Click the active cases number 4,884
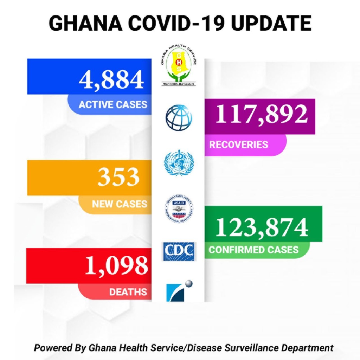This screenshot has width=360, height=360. [x=111, y=79]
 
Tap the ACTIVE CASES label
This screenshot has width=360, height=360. [x=113, y=105]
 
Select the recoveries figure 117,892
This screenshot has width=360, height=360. [x=262, y=114]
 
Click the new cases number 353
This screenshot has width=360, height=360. [x=118, y=177]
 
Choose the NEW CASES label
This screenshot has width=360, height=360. [x=120, y=204]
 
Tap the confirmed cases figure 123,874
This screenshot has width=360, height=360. [x=262, y=227]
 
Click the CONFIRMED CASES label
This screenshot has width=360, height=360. [x=253, y=250]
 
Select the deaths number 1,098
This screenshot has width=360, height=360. [x=116, y=266]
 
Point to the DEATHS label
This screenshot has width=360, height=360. [x=128, y=292]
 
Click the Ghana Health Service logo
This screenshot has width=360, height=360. [x=178, y=65]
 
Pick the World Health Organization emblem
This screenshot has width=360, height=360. [x=179, y=162]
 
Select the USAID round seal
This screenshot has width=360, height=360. [x=179, y=208]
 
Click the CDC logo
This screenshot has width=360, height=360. [x=179, y=251]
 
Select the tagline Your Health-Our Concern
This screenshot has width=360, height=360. [x=179, y=84]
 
